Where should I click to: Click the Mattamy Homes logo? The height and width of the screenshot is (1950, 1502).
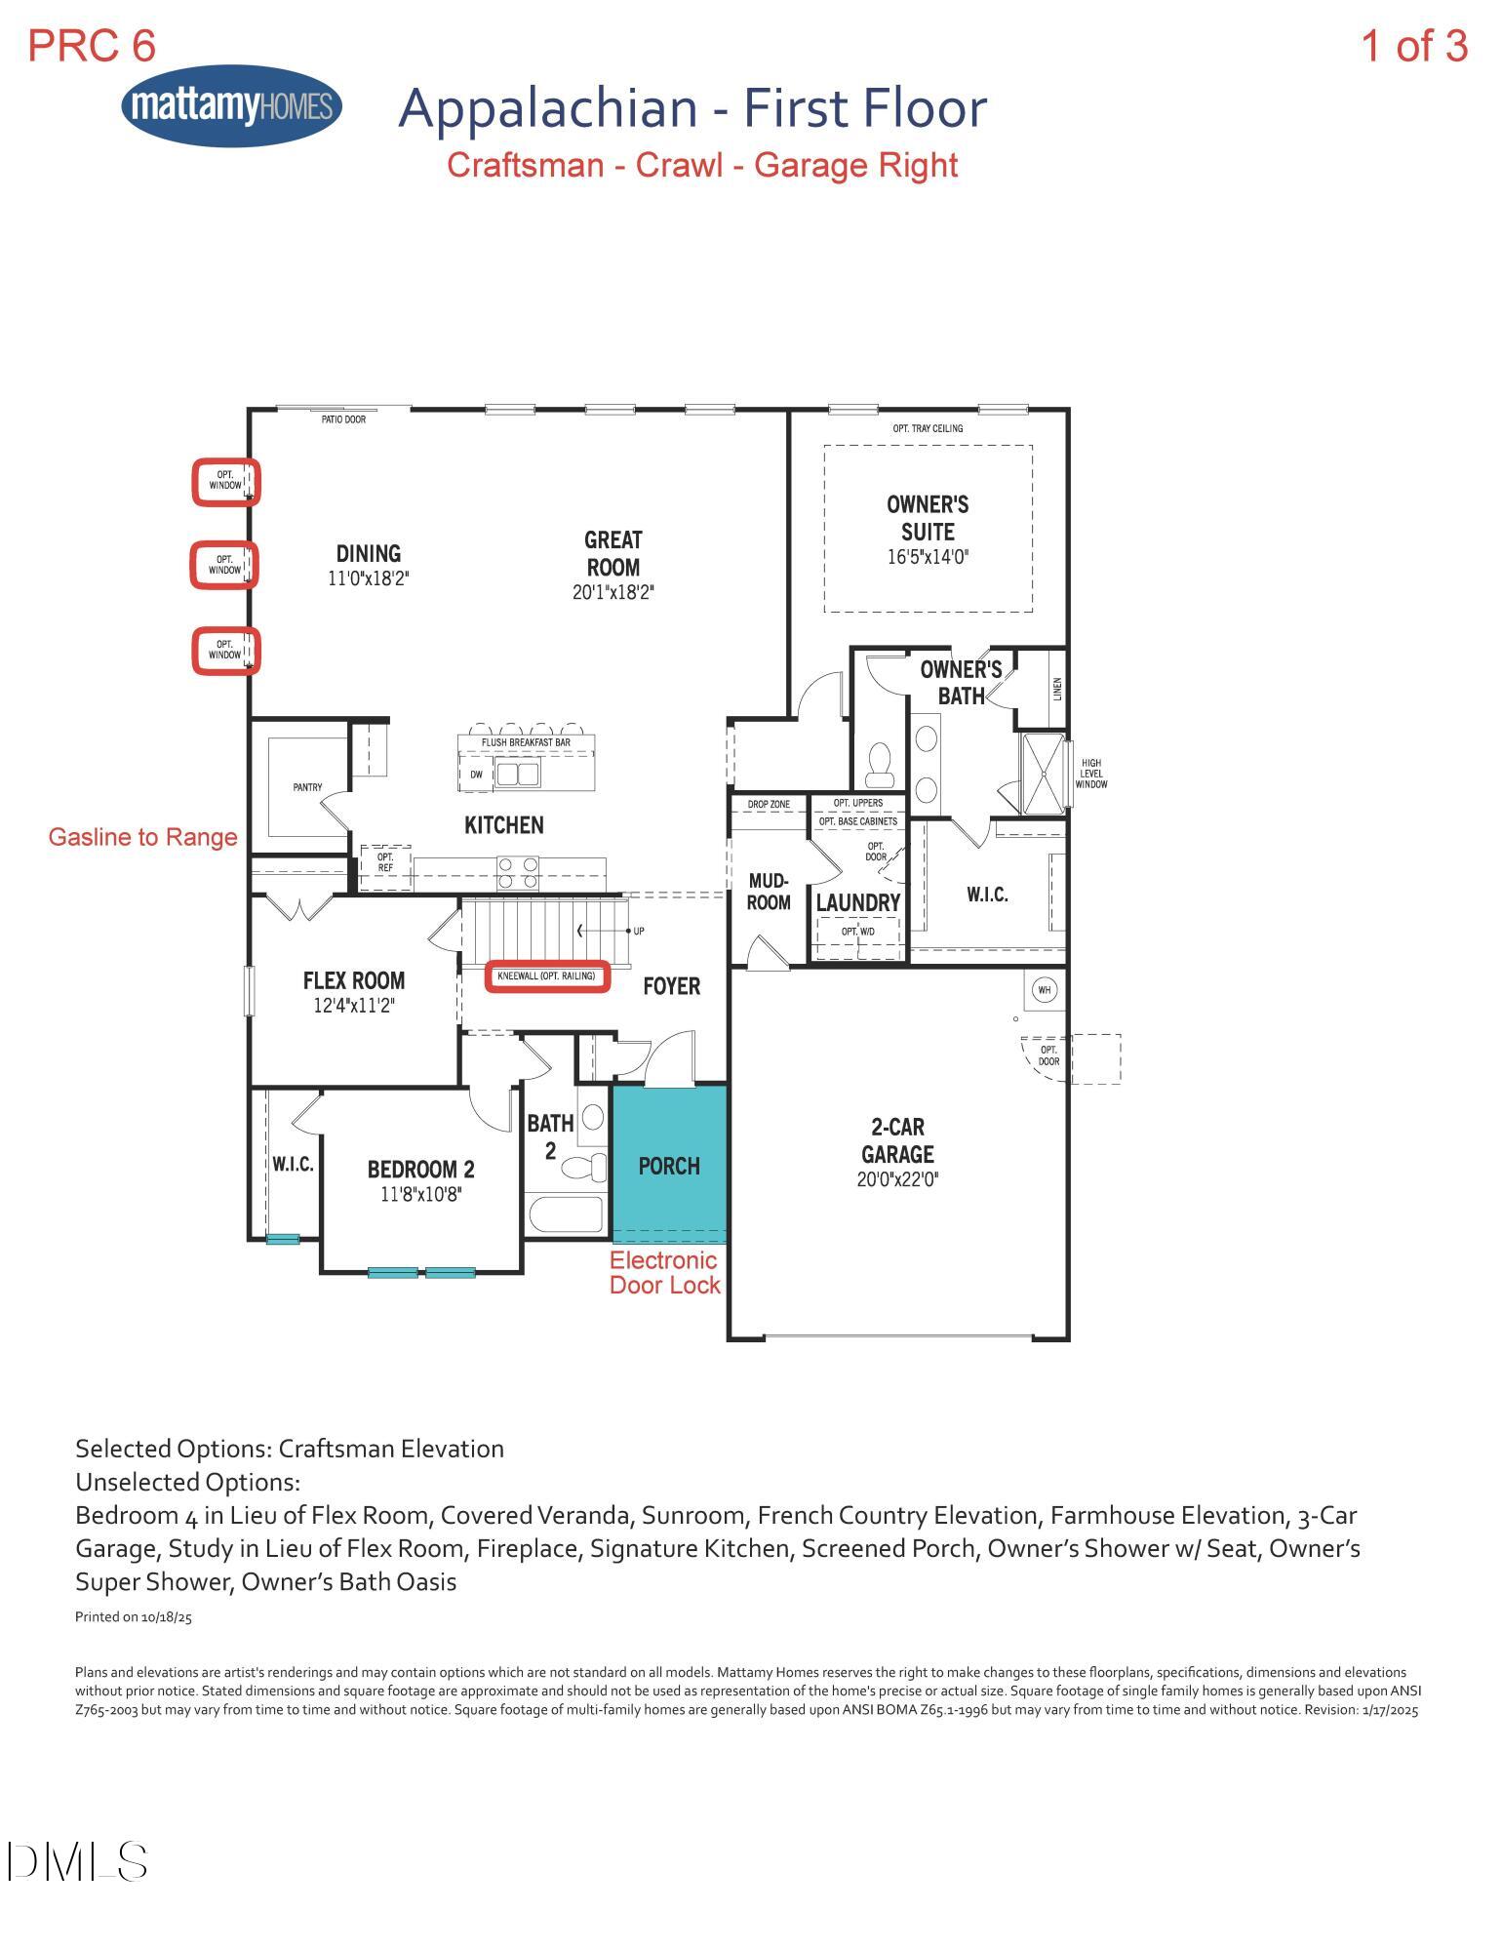pyautogui.click(x=232, y=106)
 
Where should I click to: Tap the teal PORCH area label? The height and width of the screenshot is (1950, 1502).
pyautogui.click(x=668, y=1166)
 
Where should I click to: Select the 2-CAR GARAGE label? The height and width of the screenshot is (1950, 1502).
pyautogui.click(x=897, y=1141)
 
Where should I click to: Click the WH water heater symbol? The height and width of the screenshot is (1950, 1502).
pyautogui.click(x=1045, y=990)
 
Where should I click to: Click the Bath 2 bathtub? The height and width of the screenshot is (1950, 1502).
pyautogui.click(x=565, y=1215)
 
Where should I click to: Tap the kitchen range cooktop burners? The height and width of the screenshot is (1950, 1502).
pyautogui.click(x=517, y=872)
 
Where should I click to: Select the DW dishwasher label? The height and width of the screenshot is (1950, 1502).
pyautogui.click(x=476, y=775)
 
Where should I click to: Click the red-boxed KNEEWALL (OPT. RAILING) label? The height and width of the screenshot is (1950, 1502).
pyautogui.click(x=546, y=975)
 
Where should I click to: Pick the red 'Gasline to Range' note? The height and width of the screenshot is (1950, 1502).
pyautogui.click(x=142, y=837)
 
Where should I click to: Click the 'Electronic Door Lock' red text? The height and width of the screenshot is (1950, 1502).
pyautogui.click(x=664, y=1273)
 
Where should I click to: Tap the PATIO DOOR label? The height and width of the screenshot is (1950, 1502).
pyautogui.click(x=343, y=419)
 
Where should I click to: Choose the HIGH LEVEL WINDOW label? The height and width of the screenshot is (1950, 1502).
pyautogui.click(x=1090, y=774)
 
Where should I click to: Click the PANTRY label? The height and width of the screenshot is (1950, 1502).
pyautogui.click(x=307, y=787)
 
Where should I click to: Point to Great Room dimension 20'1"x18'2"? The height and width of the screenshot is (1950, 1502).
pyautogui.click(x=613, y=592)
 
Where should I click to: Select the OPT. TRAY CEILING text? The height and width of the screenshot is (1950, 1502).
pyautogui.click(x=928, y=428)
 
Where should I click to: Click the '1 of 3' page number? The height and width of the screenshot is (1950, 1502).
pyautogui.click(x=1413, y=46)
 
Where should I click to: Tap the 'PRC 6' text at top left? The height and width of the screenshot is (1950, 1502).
pyautogui.click(x=92, y=46)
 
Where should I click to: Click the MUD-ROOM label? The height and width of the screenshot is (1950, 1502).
pyautogui.click(x=769, y=892)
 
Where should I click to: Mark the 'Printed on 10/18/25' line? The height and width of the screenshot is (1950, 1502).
pyautogui.click(x=134, y=1616)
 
